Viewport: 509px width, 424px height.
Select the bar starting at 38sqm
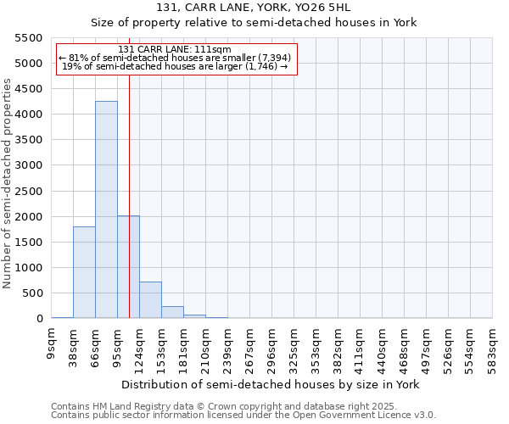click(84, 272)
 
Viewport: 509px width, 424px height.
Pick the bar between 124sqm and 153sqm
click(150, 300)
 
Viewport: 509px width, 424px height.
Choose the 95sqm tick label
click(118, 345)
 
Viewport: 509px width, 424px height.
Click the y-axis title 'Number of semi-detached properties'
click(8, 183)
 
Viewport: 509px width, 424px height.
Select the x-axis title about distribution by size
click(271, 384)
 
